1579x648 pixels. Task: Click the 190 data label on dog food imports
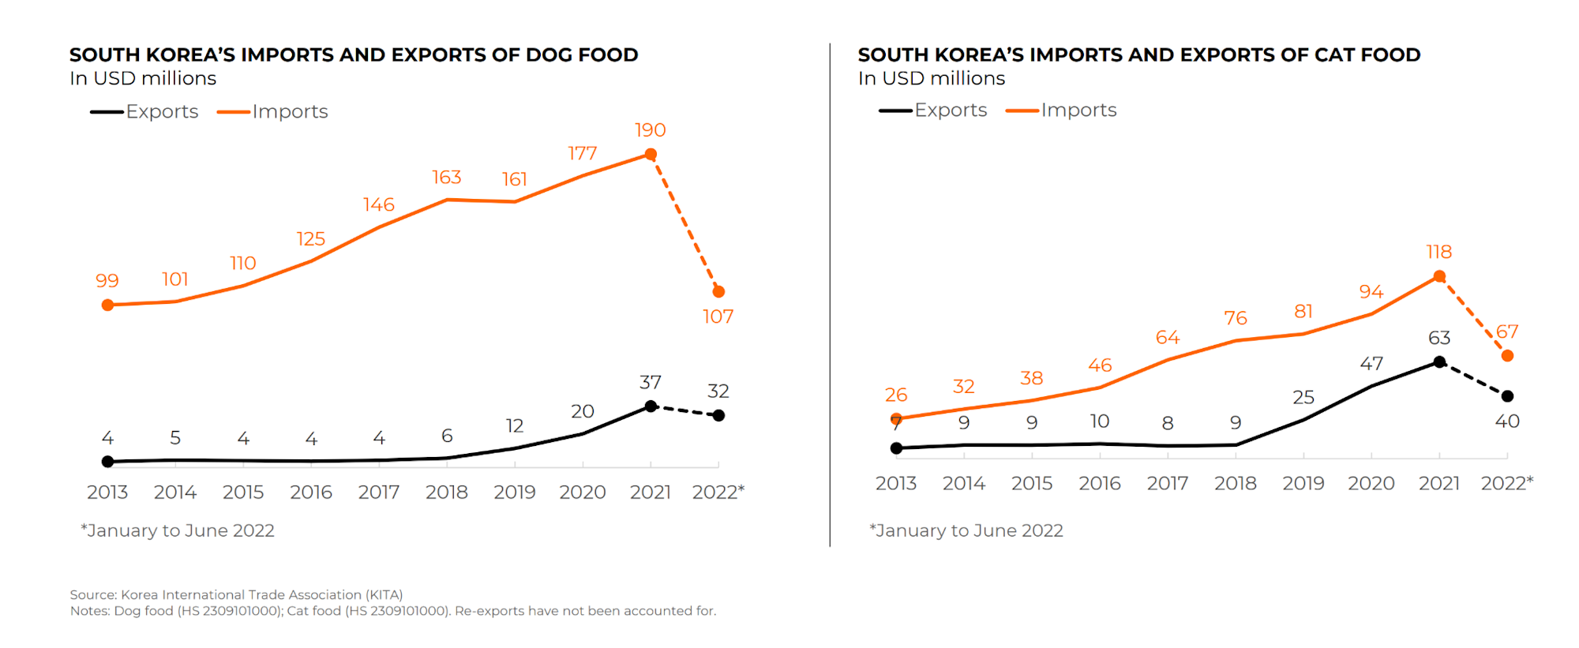[650, 130]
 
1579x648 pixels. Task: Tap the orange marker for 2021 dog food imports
[651, 155]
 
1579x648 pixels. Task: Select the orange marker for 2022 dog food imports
[718, 292]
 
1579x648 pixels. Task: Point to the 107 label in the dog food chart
[718, 317]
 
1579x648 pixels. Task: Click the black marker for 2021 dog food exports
[651, 406]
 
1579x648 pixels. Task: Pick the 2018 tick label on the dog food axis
[446, 493]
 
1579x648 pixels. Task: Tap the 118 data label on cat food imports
[1438, 252]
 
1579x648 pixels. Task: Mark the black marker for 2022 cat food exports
[1507, 396]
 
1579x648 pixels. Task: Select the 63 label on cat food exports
[1438, 338]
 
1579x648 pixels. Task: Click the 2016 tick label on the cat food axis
[1099, 483]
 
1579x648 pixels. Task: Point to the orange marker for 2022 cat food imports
[1507, 356]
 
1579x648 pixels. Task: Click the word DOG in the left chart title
[549, 55]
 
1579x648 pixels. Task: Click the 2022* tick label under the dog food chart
[718, 493]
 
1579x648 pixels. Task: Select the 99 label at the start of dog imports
[107, 281]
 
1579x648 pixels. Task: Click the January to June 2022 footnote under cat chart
[966, 530]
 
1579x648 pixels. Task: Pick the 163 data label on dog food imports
[446, 178]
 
